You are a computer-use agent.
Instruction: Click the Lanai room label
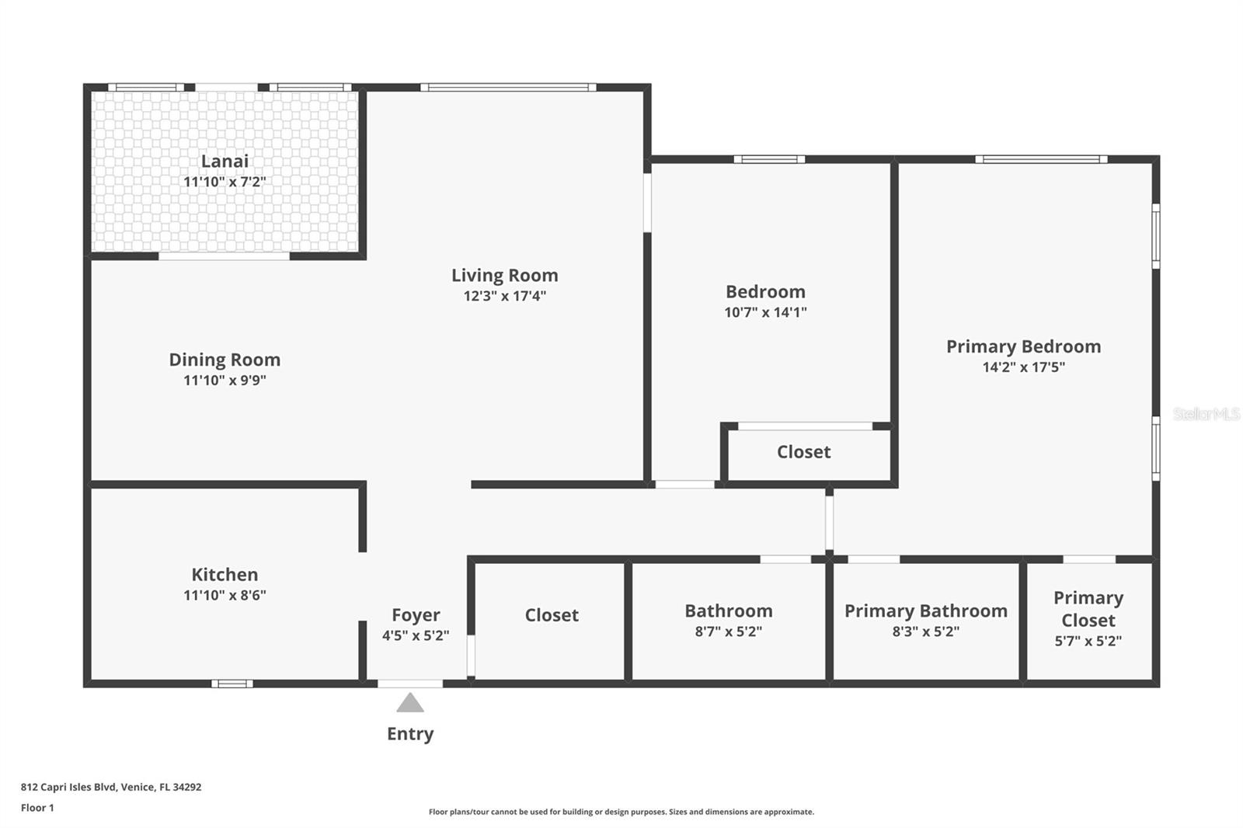coord(225,161)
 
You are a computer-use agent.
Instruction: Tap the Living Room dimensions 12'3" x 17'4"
coord(505,296)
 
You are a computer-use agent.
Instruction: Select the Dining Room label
coord(225,360)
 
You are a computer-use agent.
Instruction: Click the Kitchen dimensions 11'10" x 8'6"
coord(225,595)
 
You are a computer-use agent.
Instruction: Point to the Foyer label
coord(416,615)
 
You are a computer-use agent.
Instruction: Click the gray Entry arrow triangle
coord(410,704)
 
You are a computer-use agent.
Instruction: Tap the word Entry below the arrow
coord(410,734)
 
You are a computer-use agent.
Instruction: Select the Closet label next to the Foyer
coord(552,615)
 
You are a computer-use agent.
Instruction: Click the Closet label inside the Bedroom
coord(803,452)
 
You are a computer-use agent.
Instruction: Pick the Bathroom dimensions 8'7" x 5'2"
coord(728,631)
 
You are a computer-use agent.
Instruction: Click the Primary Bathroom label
coord(925,611)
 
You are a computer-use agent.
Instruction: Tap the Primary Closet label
coord(1088,609)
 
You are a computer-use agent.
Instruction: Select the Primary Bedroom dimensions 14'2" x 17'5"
coord(1023,367)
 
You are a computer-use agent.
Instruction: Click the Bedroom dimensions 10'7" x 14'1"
coord(765,312)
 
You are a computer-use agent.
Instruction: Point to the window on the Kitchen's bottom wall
coord(232,684)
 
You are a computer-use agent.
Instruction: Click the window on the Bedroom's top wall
coord(769,159)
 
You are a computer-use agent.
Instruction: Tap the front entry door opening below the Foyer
coord(410,684)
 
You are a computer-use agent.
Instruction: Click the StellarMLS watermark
coord(1206,414)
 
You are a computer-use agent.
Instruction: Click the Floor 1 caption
coord(37,808)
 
